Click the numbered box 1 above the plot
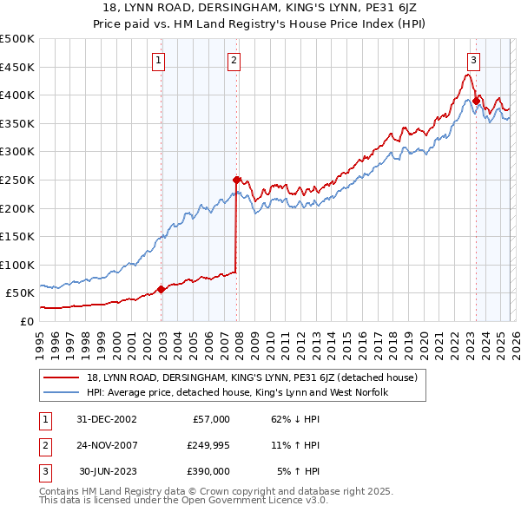point(161,60)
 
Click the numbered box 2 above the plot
point(235,60)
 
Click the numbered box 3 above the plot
point(473,60)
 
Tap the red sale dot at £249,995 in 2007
point(236,180)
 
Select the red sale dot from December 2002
point(162,289)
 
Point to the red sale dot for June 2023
point(476,101)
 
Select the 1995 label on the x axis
point(40,344)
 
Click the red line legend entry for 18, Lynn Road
point(253,377)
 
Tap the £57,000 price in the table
point(210,419)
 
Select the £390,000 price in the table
point(208,471)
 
